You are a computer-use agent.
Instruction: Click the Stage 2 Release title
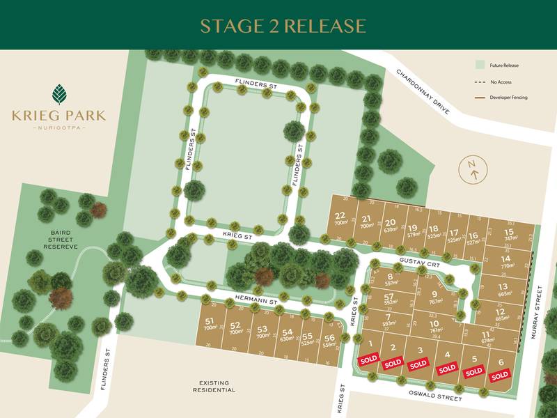tap(283, 26)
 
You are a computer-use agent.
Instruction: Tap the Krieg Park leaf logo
tap(58, 94)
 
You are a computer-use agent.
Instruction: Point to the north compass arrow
tap(473, 169)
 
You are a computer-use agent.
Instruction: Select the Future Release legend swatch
tap(479, 65)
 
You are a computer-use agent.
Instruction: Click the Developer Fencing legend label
tap(509, 98)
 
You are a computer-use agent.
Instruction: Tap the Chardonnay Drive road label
tap(423, 91)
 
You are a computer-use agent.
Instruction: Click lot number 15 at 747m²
tap(509, 232)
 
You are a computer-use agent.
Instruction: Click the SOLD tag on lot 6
tap(499, 376)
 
